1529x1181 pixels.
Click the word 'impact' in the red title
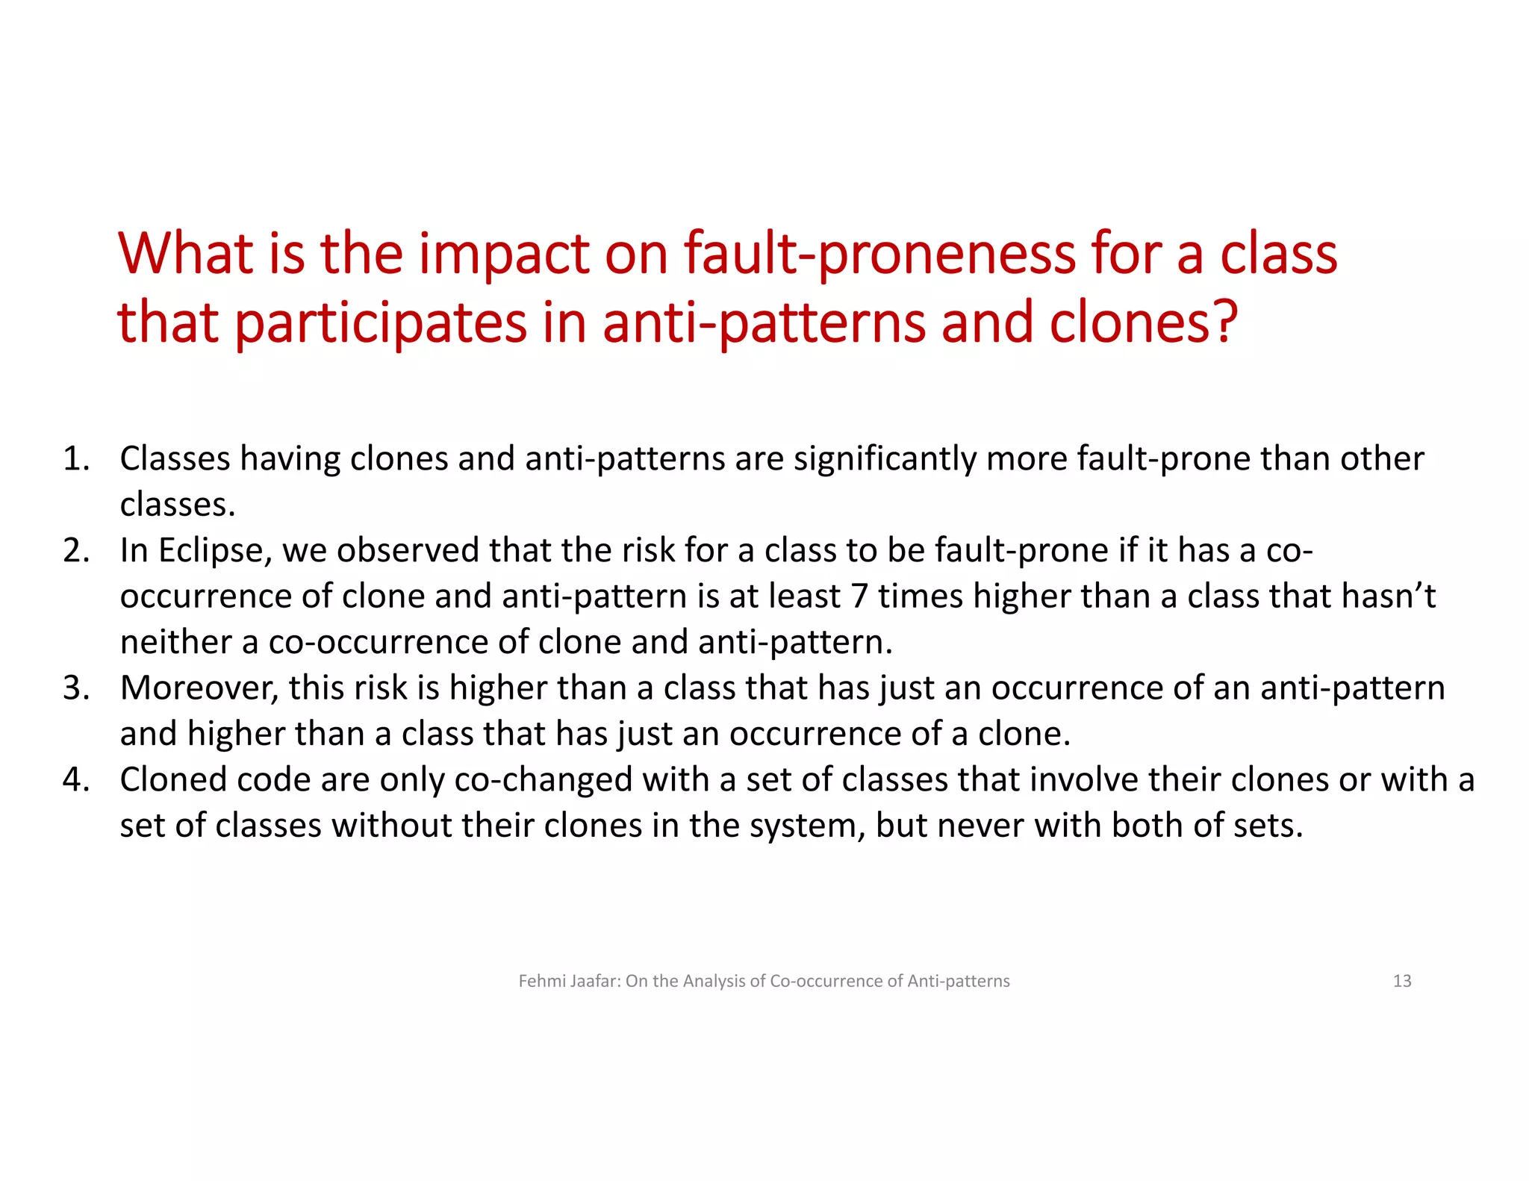coord(503,255)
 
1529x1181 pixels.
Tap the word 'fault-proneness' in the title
coord(879,255)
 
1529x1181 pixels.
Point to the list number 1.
coord(75,458)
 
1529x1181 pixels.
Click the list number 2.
coord(75,550)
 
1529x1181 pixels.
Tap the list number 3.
coord(75,688)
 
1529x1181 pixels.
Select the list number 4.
coord(75,779)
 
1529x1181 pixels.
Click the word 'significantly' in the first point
coord(884,459)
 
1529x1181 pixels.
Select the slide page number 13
coord(1401,981)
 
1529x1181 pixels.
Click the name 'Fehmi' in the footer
coord(541,981)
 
